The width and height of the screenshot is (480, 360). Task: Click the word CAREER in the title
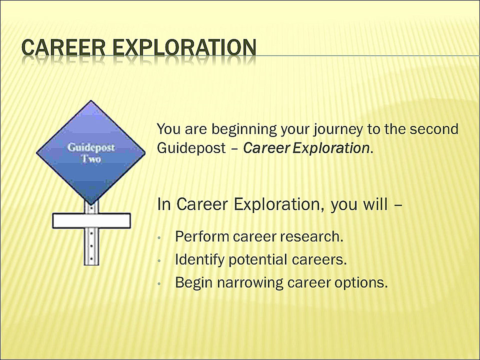[63, 48]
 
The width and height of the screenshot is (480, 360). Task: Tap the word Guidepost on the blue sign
[91, 148]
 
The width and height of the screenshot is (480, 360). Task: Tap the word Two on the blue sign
[91, 159]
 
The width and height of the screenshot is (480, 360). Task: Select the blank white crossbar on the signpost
[91, 220]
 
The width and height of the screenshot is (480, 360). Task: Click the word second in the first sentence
[434, 129]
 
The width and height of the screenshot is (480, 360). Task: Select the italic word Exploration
[331, 148]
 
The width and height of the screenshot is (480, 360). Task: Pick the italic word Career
[266, 148]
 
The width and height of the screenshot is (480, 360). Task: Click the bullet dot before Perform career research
[159, 237]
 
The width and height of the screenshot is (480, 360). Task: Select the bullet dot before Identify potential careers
[159, 261]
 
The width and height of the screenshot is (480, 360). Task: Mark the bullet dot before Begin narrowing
[159, 284]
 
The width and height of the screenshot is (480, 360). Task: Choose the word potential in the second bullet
[258, 260]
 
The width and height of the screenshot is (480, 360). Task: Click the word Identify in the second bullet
[199, 260]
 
